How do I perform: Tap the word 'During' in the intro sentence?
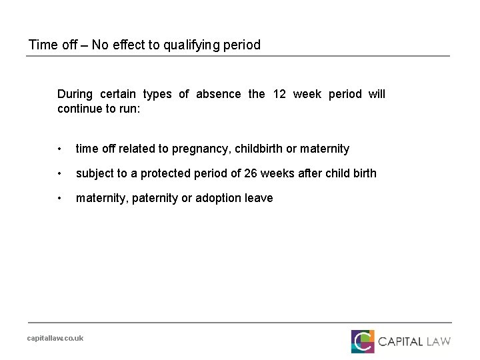point(75,94)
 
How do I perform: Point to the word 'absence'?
point(219,94)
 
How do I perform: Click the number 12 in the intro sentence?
point(280,94)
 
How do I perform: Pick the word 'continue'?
point(80,108)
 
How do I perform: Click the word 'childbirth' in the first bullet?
point(259,149)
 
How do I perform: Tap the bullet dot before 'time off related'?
point(61,149)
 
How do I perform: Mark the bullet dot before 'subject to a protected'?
point(61,173)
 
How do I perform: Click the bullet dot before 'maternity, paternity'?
point(61,198)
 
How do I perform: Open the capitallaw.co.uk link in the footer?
point(55,338)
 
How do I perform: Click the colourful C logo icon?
point(363,341)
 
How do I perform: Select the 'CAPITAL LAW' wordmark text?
point(415,342)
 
